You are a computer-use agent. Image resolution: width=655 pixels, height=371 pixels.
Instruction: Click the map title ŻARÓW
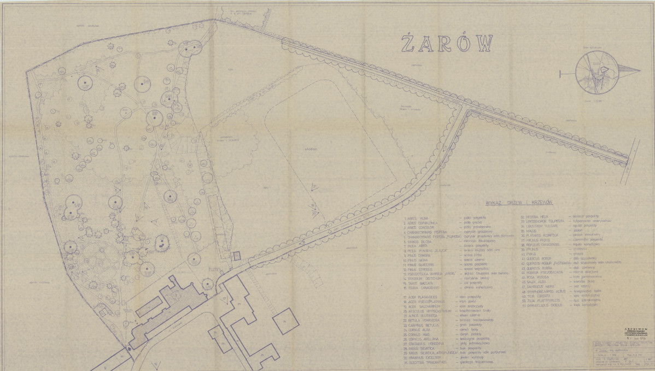[x=447, y=43]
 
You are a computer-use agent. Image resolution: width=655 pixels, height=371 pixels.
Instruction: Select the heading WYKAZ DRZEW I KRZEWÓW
[x=515, y=203]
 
